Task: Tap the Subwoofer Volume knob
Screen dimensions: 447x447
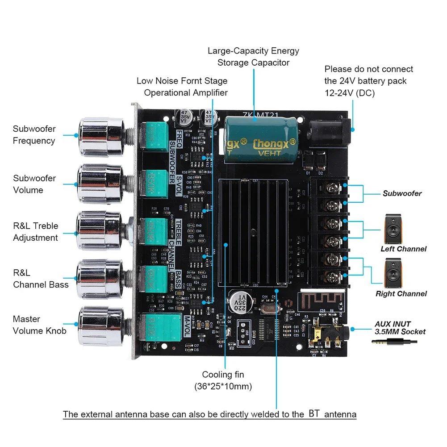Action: pyautogui.click(x=99, y=184)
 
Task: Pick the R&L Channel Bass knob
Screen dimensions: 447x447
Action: pyautogui.click(x=99, y=279)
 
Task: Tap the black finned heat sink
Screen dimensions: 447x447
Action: pyautogui.click(x=251, y=232)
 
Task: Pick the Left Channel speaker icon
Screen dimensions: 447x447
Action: pyautogui.click(x=396, y=229)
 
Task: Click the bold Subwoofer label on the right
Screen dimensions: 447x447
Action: pyautogui.click(x=402, y=193)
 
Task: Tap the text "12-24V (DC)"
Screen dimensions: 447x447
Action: pyautogui.click(x=349, y=93)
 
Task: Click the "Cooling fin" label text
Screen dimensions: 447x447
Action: pyautogui.click(x=223, y=375)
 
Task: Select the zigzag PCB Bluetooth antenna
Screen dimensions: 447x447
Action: pyautogui.click(x=321, y=302)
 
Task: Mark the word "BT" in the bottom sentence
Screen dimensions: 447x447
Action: pyautogui.click(x=314, y=414)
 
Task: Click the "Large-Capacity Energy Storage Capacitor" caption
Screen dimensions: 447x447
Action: pyautogui.click(x=253, y=57)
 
